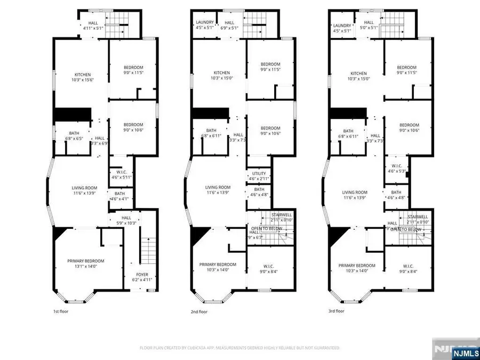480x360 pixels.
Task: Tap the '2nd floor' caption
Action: pyautogui.click(x=198, y=311)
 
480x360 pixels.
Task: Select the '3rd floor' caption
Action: pyautogui.click(x=337, y=311)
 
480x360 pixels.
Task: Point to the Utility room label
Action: pyautogui.click(x=259, y=176)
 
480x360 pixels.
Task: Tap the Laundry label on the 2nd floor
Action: pyautogui.click(x=204, y=25)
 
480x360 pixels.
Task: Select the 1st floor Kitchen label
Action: pyautogui.click(x=83, y=77)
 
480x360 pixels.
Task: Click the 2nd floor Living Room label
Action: pyautogui.click(x=219, y=190)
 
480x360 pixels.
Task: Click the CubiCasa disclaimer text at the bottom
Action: pyautogui.click(x=239, y=348)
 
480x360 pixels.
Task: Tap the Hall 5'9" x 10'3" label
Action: pyautogui.click(x=126, y=220)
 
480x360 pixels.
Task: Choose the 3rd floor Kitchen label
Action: pyautogui.click(x=358, y=76)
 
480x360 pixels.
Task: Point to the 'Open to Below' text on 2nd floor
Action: pyautogui.click(x=267, y=229)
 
